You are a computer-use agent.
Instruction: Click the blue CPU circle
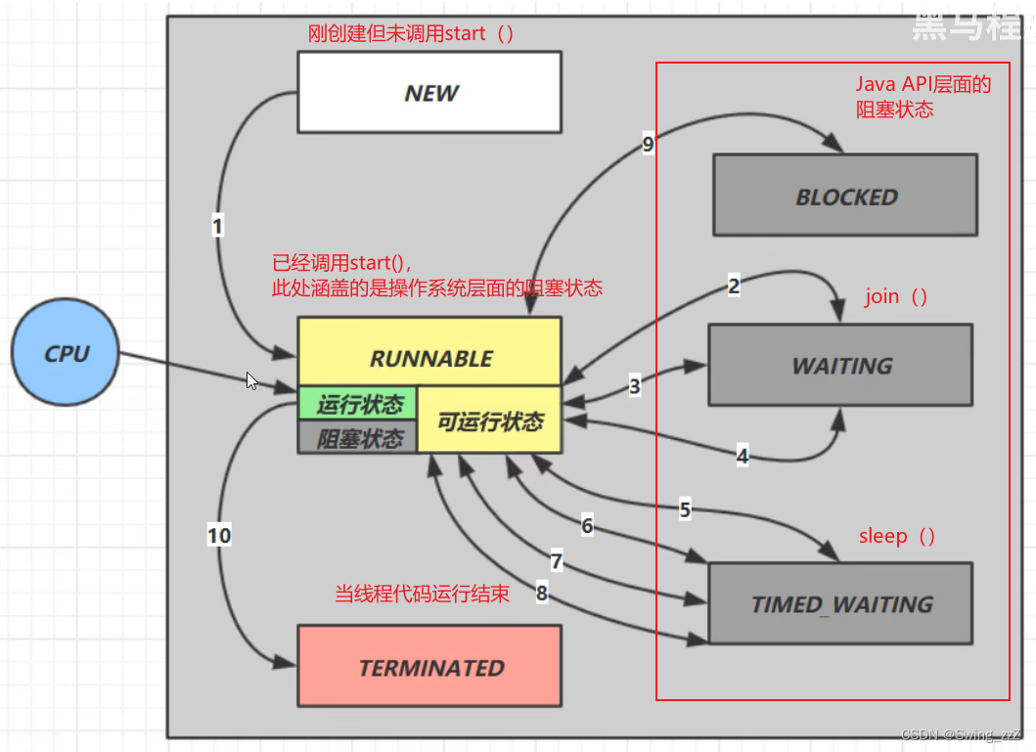(x=66, y=353)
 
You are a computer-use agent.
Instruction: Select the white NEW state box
(x=429, y=92)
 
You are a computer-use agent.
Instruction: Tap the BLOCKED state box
(x=845, y=196)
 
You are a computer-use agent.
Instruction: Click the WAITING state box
(x=840, y=365)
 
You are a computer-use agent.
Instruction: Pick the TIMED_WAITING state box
(x=840, y=603)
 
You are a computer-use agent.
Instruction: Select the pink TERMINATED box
(x=429, y=667)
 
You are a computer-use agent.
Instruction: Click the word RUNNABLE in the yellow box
(x=429, y=358)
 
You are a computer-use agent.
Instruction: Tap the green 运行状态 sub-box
(x=358, y=403)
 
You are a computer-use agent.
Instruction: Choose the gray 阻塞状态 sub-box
(x=358, y=437)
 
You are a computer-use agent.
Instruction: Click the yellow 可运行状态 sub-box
(x=489, y=420)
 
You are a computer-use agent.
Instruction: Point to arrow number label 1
(x=217, y=226)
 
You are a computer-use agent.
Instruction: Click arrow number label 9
(x=648, y=145)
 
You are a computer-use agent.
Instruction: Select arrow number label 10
(x=219, y=535)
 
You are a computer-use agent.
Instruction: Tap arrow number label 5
(x=685, y=509)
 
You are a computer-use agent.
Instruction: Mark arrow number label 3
(x=635, y=386)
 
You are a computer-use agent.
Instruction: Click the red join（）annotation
(x=895, y=296)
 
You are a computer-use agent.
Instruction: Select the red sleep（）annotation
(x=897, y=536)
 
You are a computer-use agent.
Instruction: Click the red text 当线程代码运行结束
(x=422, y=594)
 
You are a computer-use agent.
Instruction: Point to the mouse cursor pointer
(x=251, y=380)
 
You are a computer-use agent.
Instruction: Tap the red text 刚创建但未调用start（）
(x=411, y=33)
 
